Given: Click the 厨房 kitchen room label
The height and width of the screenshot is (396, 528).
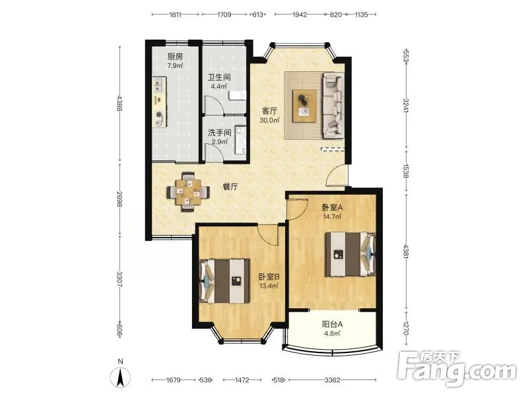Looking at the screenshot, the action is [175, 57].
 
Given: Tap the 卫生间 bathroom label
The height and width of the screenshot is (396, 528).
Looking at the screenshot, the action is [219, 77].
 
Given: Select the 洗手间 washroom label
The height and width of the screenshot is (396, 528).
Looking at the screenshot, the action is [220, 133].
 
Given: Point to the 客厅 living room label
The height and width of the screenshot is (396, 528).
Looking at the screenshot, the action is [270, 111].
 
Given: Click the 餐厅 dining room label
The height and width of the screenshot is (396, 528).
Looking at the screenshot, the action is [230, 187].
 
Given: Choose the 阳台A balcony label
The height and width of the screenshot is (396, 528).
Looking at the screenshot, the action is [333, 324].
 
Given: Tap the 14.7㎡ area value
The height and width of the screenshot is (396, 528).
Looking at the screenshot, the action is [333, 216].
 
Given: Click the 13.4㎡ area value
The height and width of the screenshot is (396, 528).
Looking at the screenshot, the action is [269, 286].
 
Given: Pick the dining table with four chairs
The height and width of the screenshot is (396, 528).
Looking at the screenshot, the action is [188, 192].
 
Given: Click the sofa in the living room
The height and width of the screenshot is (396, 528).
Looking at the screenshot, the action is [334, 105].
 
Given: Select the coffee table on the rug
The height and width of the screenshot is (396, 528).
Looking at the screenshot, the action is [305, 106].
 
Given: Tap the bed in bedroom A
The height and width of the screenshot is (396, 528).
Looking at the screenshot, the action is [350, 254].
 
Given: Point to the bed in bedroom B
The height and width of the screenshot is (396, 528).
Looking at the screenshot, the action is [224, 281].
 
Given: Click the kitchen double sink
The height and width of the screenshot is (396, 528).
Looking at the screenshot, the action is [159, 85].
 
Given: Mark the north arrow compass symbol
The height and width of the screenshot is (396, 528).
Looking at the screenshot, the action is [121, 377].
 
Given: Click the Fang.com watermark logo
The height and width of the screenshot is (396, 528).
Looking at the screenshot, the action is [457, 370].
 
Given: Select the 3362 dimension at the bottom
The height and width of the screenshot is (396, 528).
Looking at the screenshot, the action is [332, 380].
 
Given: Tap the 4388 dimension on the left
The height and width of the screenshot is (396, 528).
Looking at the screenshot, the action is [119, 104].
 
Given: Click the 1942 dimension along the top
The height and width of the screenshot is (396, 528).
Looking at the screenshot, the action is [300, 15].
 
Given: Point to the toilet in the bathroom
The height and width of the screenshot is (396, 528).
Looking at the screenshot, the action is [237, 96].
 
